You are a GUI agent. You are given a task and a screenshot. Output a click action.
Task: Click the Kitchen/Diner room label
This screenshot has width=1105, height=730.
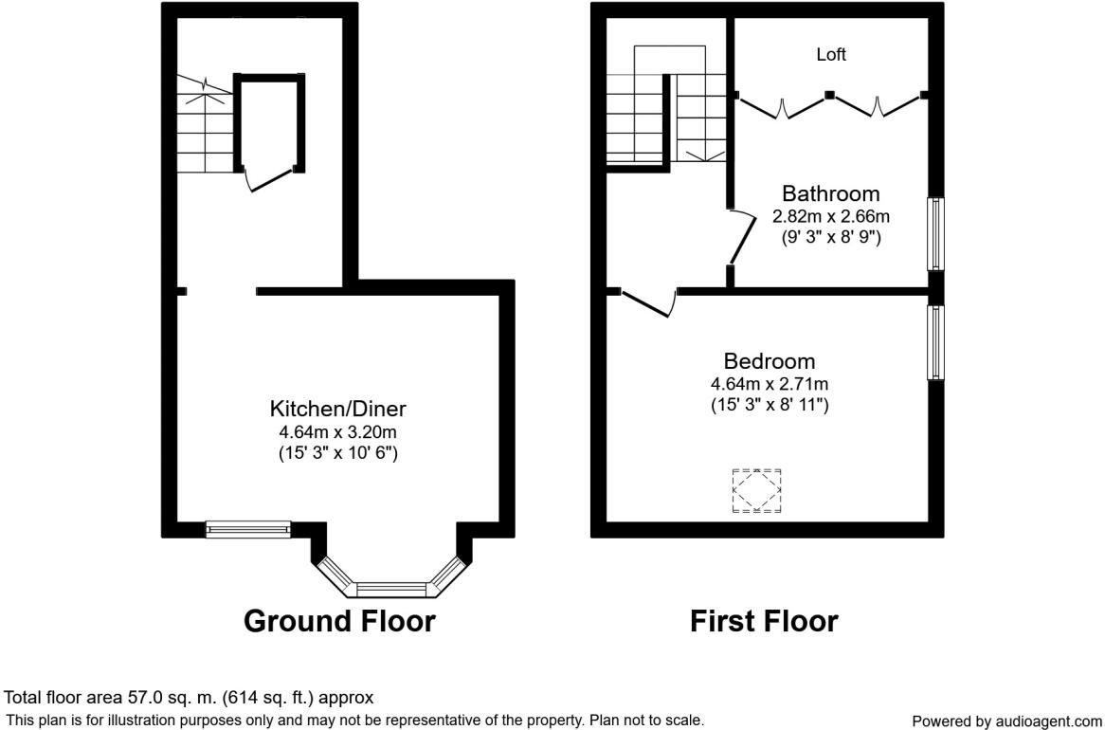pyautogui.click(x=338, y=410)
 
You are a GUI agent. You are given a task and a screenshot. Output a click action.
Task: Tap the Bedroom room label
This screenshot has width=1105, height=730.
pyautogui.click(x=770, y=361)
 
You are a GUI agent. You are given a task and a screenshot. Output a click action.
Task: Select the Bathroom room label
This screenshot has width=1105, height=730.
pyautogui.click(x=830, y=193)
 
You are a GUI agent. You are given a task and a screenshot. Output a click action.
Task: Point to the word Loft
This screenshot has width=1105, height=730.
pyautogui.click(x=831, y=55)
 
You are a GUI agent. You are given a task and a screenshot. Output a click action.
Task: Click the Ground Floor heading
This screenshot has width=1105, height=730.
pyautogui.click(x=339, y=622)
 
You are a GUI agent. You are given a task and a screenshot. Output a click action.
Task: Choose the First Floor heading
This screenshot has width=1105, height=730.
pyautogui.click(x=763, y=622)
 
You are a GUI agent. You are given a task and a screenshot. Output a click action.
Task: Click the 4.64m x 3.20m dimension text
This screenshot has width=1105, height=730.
pyautogui.click(x=337, y=431)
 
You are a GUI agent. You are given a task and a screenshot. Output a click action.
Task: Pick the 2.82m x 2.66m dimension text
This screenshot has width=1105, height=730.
pyautogui.click(x=830, y=216)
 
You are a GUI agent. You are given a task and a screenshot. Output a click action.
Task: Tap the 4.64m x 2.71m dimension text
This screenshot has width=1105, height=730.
pyautogui.click(x=770, y=384)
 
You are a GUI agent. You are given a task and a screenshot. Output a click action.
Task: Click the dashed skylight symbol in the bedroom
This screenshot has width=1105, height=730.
pyautogui.click(x=756, y=491)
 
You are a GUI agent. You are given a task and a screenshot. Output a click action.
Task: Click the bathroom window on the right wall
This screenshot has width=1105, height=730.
pyautogui.click(x=935, y=233)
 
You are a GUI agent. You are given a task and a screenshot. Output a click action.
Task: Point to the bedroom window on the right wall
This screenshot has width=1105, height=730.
pyautogui.click(x=935, y=342)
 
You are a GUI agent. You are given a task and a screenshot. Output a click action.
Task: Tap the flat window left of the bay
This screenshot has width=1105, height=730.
pyautogui.click(x=248, y=529)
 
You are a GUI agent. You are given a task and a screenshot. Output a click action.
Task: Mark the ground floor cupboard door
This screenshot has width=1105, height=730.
pyautogui.click(x=268, y=179)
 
